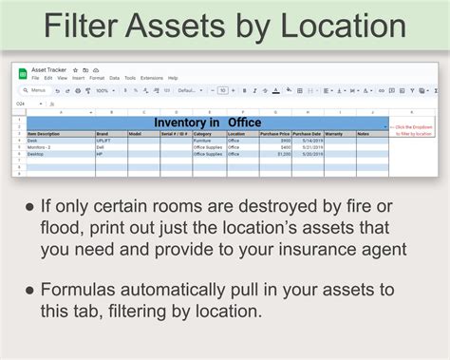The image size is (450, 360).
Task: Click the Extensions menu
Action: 152,78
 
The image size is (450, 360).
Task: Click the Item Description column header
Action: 43,134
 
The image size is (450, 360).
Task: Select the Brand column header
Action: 103,134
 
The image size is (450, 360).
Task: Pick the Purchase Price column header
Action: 274,134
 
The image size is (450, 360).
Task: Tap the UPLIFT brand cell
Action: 104,140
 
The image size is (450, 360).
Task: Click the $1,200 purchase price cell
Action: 284,153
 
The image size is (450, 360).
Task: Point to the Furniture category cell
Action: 204,140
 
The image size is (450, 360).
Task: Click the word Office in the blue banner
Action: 242,123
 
